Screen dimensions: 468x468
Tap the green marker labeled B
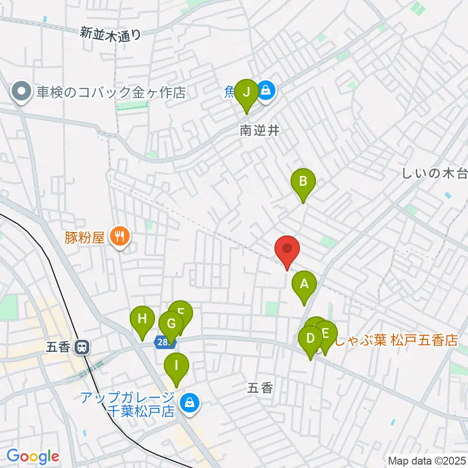(303, 183)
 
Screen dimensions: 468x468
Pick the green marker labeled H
(142, 320)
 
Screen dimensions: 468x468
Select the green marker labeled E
(326, 335)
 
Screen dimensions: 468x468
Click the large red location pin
(287, 248)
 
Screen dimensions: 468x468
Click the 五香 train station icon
(82, 348)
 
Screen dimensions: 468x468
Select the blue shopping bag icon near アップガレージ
(188, 403)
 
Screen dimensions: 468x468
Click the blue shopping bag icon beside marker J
(266, 90)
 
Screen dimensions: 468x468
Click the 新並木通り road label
(111, 34)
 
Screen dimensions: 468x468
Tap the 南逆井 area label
(259, 131)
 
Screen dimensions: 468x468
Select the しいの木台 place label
(434, 173)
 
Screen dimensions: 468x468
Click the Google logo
(32, 456)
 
